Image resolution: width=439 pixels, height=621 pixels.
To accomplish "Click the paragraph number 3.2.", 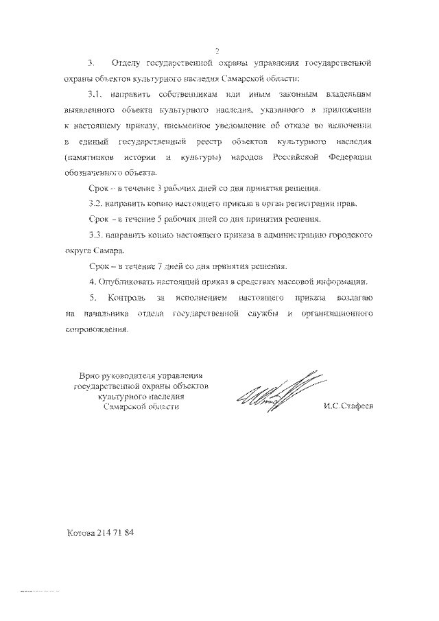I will (x=97, y=204).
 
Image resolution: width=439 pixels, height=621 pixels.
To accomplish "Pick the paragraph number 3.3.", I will (x=97, y=235).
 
